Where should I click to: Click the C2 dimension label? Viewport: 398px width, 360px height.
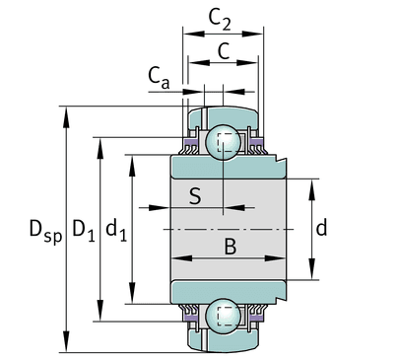point(220,20)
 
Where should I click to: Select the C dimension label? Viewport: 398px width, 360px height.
point(224,51)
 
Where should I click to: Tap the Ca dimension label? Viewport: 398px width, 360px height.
point(159,78)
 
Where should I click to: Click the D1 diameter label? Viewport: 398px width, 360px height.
point(84,230)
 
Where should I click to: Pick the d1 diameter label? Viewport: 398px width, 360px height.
point(116,229)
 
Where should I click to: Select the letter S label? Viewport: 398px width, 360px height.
point(195,196)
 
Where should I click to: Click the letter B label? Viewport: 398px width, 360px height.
point(230,247)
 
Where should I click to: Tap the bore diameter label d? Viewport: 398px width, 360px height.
point(321,228)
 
